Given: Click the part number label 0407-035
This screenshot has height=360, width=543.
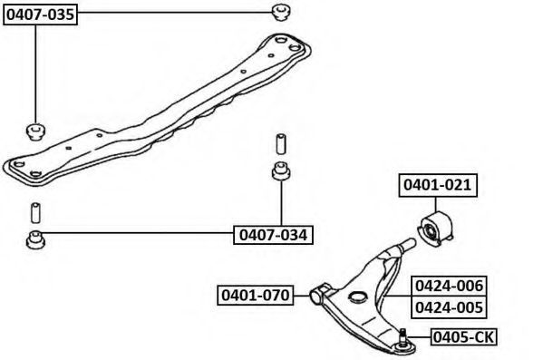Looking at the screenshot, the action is (40, 15).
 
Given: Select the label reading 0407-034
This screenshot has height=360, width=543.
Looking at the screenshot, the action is (273, 235).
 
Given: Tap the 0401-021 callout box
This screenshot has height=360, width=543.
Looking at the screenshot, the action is (438, 185).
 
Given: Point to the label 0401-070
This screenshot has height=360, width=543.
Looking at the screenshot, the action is (256, 296).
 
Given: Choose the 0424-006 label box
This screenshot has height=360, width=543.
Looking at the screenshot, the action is (449, 287).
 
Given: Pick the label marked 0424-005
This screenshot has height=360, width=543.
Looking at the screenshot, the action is (449, 307).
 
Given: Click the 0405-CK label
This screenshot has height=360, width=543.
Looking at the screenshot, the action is (464, 336).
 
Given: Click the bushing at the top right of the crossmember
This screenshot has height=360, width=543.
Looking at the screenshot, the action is (280, 12).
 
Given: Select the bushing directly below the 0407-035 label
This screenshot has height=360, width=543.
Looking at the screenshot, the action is (36, 131).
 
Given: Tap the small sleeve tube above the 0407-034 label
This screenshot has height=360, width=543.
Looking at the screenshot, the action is (281, 143).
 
